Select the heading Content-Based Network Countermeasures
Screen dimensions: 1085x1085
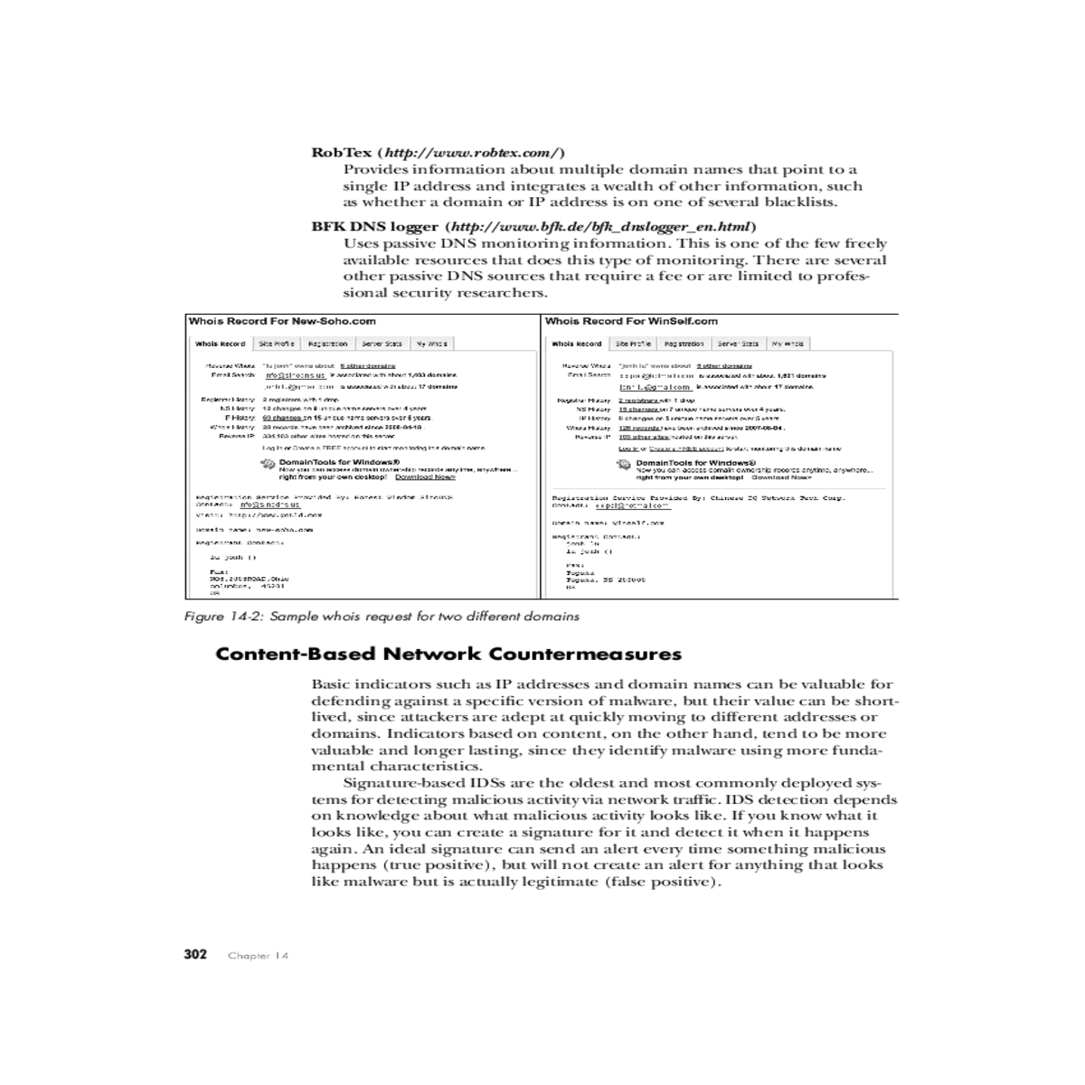point(448,654)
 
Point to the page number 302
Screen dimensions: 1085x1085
point(195,955)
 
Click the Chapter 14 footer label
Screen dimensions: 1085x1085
point(258,956)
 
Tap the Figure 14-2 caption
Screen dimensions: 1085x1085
point(382,617)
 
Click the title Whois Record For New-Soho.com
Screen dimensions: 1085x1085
point(282,321)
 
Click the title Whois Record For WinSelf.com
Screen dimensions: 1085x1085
point(631,321)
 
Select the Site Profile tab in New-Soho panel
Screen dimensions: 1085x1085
point(276,344)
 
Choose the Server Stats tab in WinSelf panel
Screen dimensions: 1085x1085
point(738,344)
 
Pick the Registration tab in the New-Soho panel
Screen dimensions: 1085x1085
point(327,344)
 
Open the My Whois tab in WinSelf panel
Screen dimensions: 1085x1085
point(788,344)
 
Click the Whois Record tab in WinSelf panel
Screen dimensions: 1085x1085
point(576,344)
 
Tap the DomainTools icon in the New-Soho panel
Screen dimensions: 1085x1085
point(268,465)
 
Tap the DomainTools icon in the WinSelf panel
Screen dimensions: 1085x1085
point(624,465)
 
